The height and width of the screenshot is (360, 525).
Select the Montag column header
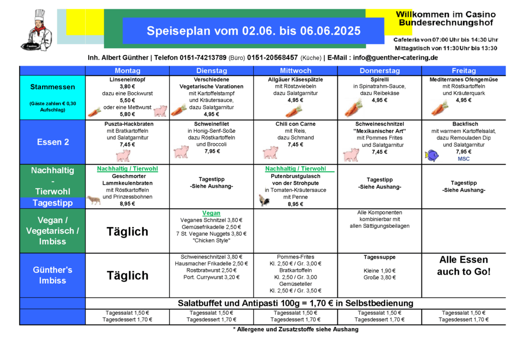127,71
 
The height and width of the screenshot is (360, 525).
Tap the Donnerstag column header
379,71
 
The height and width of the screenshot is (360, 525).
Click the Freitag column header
463,71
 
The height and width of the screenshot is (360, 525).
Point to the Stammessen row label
52,87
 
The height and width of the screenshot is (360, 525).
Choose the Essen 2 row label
52,142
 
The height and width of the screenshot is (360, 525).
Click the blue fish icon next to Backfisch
432,154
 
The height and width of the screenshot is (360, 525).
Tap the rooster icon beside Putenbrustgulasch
265,200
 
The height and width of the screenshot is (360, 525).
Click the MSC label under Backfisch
463,159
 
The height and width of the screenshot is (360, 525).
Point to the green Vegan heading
211,213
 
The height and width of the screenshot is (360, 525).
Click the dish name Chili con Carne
295,124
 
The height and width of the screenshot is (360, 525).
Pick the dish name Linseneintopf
127,80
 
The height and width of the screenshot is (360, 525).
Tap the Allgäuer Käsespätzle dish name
295,80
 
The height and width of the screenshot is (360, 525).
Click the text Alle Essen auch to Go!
463,266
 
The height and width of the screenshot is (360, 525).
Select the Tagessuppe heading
379,257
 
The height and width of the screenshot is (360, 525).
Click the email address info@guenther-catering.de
395,57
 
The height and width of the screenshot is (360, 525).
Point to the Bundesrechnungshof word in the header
446,23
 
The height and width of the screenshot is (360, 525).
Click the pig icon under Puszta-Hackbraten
123,155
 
